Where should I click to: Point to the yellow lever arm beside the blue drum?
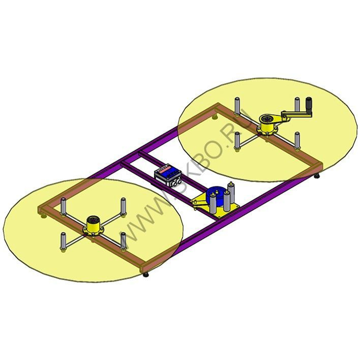coord(200,203)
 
